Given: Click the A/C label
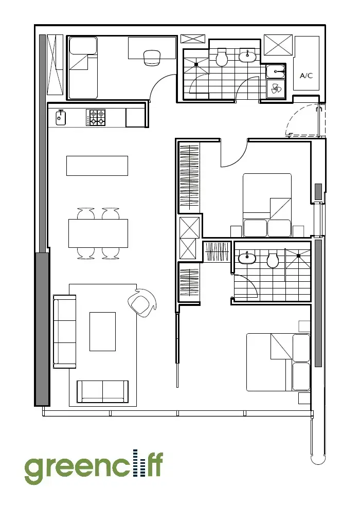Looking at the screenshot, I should (x=306, y=76).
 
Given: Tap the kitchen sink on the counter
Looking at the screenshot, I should (x=61, y=117).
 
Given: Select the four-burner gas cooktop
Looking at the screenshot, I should (x=98, y=117).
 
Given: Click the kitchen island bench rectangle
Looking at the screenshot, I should (x=97, y=166).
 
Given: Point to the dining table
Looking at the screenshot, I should (x=98, y=233).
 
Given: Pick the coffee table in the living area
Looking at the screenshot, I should (x=102, y=332).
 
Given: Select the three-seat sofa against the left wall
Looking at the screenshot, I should (x=64, y=332).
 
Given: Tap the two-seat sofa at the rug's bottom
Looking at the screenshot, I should (x=102, y=392).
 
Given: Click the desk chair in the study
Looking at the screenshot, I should (x=152, y=58).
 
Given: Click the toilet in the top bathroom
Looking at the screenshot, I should (x=222, y=58).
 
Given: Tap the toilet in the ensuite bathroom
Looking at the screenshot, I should (x=273, y=260).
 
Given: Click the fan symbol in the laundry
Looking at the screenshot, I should (x=277, y=89).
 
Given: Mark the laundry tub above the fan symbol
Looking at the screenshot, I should (x=276, y=71).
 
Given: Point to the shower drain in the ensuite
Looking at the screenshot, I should (x=298, y=256).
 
